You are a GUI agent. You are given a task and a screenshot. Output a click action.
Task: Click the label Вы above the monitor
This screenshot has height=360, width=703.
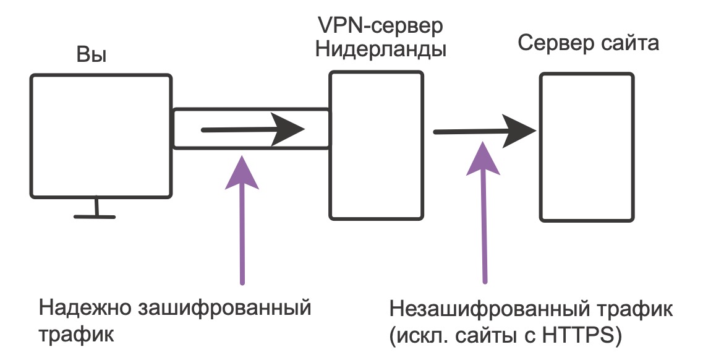(x=92, y=56)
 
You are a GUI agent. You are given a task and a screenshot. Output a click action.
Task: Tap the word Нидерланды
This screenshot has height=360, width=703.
(x=381, y=49)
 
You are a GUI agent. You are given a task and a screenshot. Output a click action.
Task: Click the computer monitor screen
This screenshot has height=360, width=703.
(x=101, y=136)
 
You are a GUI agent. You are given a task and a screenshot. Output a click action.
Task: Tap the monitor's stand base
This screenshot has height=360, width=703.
(x=95, y=216)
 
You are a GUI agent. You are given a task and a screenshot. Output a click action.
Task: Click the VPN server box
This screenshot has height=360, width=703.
(x=376, y=145)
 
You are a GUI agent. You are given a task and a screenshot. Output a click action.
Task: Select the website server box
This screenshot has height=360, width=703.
(x=587, y=147)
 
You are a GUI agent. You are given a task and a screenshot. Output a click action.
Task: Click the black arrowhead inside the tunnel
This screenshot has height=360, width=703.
(x=288, y=129)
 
